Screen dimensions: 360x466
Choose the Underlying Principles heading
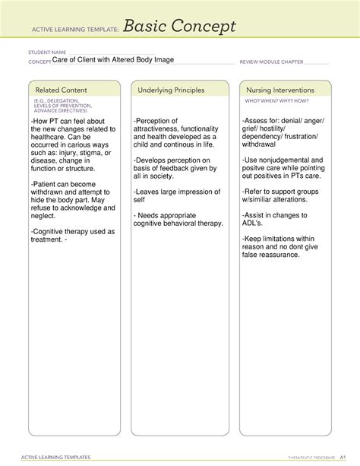[171, 90]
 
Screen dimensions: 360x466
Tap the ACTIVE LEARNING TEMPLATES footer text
[58, 457]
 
